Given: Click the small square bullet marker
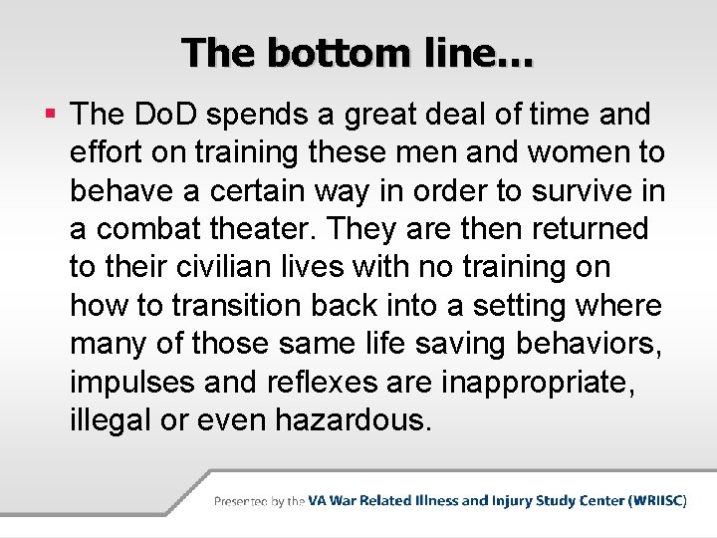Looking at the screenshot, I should click(x=51, y=116).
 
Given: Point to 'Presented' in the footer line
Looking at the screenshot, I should click(x=242, y=501).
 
